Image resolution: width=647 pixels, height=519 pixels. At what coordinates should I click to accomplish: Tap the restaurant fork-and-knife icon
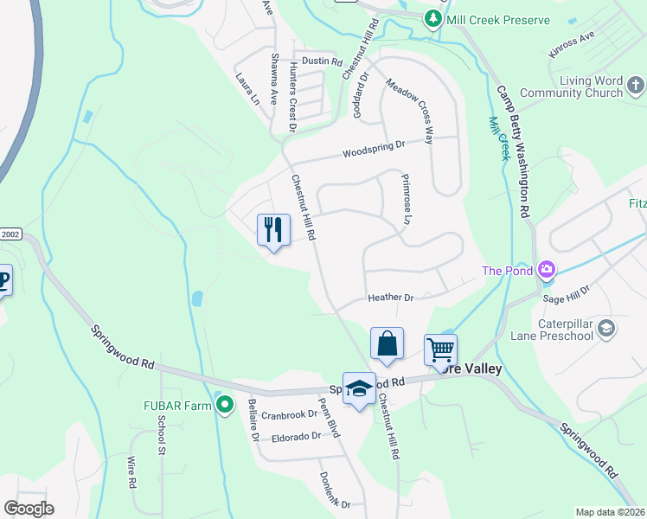pyautogui.click(x=273, y=230)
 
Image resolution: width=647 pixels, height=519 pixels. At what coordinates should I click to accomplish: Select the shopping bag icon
pyautogui.click(x=387, y=343)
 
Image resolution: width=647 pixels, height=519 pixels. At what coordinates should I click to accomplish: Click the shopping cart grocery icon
pyautogui.click(x=440, y=350)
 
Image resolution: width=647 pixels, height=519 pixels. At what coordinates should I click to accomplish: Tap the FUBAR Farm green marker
pyautogui.click(x=226, y=404)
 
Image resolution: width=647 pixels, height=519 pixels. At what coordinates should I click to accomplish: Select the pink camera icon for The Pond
pyautogui.click(x=546, y=271)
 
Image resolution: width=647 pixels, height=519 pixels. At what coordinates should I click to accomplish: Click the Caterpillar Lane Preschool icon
pyautogui.click(x=606, y=329)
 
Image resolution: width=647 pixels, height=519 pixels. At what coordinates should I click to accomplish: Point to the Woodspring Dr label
pyautogui.click(x=374, y=148)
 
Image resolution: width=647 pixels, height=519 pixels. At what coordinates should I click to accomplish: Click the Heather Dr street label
pyautogui.click(x=390, y=298)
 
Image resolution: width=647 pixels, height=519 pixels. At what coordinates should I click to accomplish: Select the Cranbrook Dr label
pyautogui.click(x=290, y=415)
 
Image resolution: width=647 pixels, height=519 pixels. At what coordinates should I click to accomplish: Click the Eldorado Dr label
pyautogui.click(x=296, y=436)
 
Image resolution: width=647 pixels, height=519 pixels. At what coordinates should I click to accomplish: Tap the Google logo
pyautogui.click(x=29, y=509)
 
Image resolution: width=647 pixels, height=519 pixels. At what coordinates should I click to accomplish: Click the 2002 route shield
pyautogui.click(x=10, y=234)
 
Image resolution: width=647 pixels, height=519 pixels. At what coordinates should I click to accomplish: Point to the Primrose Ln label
pyautogui.click(x=405, y=199)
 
